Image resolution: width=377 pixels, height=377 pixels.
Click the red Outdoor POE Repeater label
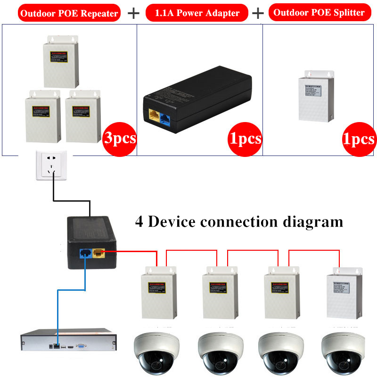point(69,13)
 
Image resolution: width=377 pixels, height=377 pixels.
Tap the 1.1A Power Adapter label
point(197,13)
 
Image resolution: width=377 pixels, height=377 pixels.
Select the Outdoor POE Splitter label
point(319,12)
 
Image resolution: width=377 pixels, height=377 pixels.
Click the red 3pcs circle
point(119,139)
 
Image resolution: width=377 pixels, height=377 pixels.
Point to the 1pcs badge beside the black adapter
point(245,139)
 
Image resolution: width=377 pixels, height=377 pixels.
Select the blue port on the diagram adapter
point(86,254)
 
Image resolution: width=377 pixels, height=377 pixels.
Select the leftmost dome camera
point(154,351)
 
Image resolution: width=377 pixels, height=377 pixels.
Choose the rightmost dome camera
point(341,351)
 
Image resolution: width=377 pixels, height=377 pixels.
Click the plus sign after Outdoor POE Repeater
point(134,13)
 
